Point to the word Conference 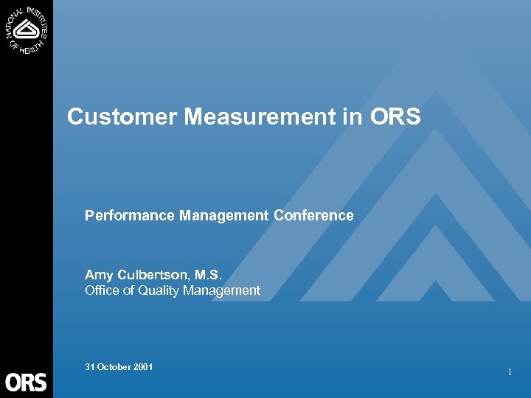tap(313, 215)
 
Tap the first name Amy tap(97, 276)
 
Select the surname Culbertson tap(151, 276)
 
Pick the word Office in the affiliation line tap(102, 290)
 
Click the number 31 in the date tap(89, 366)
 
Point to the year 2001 tap(143, 366)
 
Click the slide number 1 tap(510, 373)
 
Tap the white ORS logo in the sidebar tap(26, 381)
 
